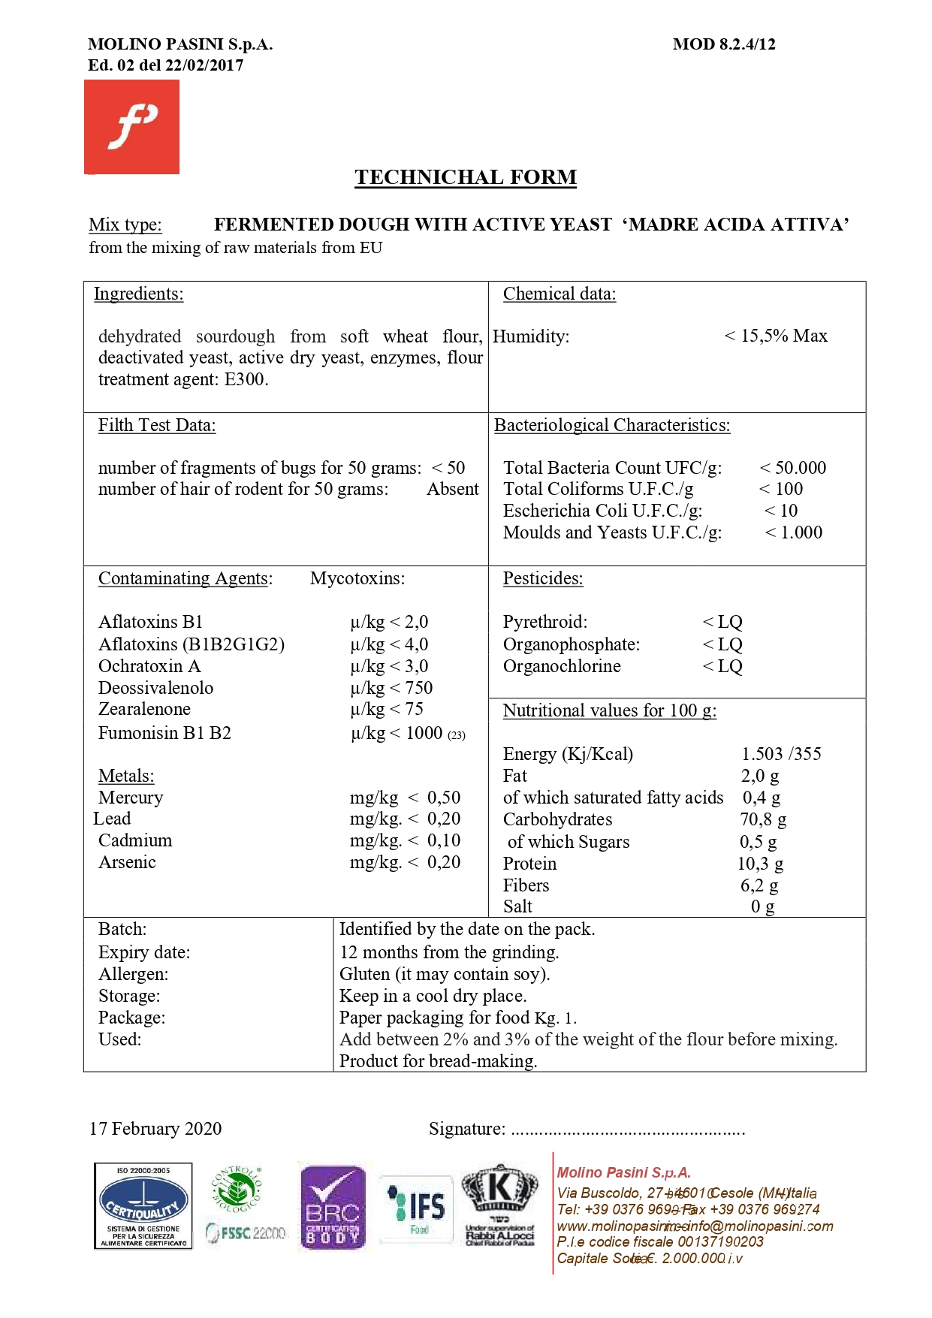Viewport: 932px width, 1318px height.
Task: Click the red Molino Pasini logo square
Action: (x=131, y=127)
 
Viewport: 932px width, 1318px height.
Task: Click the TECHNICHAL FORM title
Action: (x=466, y=177)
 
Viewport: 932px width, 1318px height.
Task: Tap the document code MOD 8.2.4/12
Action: (x=724, y=44)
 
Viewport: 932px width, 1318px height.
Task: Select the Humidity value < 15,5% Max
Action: (x=776, y=336)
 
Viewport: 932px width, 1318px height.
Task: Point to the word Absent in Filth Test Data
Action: (x=453, y=489)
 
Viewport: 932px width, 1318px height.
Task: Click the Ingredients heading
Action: (x=138, y=294)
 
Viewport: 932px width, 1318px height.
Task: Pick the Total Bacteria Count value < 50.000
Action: (x=793, y=468)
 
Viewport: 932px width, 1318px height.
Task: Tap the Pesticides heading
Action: (x=543, y=578)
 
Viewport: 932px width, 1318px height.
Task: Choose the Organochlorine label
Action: (x=562, y=666)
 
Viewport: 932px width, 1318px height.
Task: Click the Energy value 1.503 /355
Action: (x=781, y=754)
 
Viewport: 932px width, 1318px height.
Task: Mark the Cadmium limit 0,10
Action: (x=444, y=840)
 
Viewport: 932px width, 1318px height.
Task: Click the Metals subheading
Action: (x=126, y=776)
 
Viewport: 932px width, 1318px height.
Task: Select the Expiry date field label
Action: (x=144, y=952)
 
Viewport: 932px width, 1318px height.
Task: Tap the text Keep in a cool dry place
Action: (x=433, y=996)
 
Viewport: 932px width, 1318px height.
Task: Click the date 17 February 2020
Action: (x=155, y=1129)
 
